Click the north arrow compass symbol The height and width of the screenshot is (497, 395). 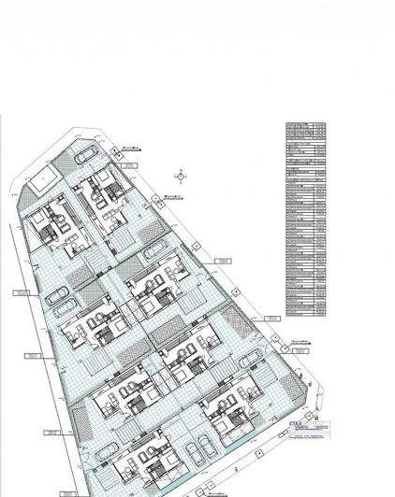point(178,175)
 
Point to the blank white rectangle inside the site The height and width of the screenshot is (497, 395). point(42,186)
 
